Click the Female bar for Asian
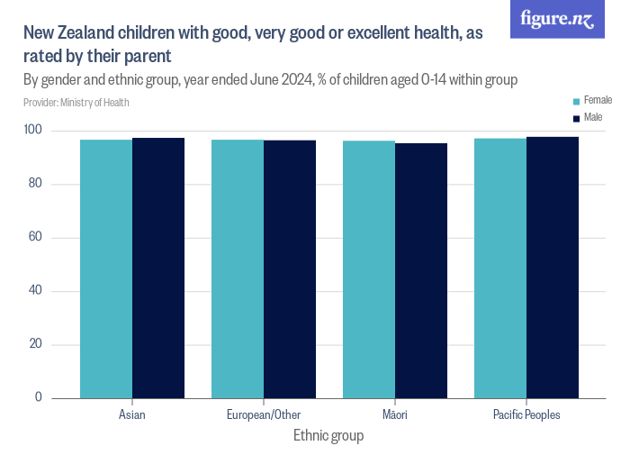[106, 268]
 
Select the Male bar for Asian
[158, 268]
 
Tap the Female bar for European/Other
[238, 268]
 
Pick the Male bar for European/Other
[290, 268]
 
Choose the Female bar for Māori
[369, 269]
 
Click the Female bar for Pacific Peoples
[500, 268]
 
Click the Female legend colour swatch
[576, 100]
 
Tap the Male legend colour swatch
[576, 118]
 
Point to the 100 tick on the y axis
[59, 132]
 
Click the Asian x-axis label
[132, 415]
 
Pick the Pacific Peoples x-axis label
[526, 415]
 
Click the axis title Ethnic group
[328, 436]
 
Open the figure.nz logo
[557, 19]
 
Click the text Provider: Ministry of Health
[76, 103]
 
